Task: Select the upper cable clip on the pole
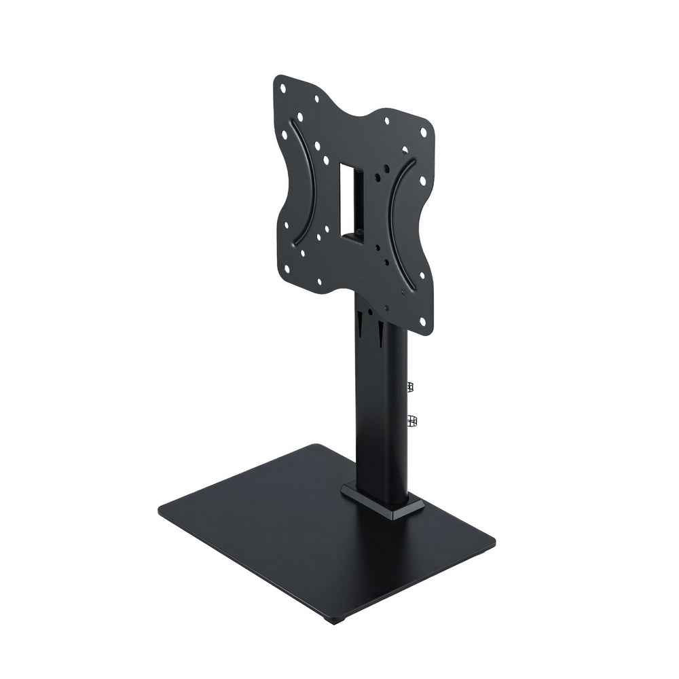(x=410, y=387)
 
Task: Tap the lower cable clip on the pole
(x=411, y=422)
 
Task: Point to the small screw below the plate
(x=367, y=306)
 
